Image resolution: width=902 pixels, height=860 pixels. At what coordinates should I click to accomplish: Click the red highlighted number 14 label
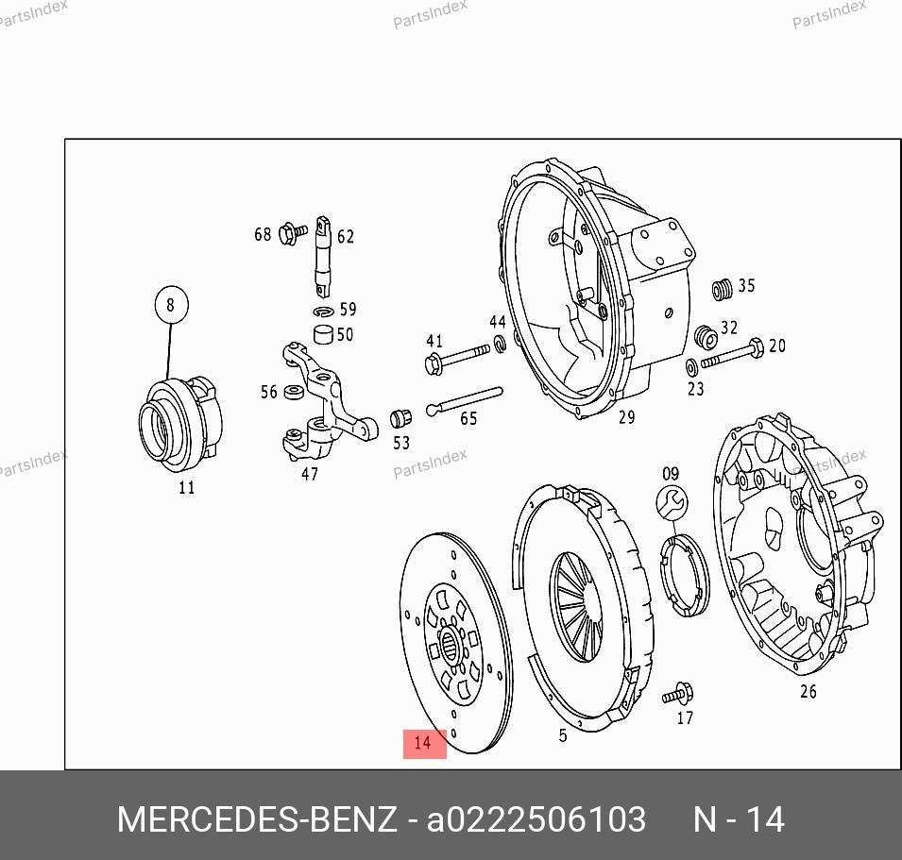[x=424, y=743]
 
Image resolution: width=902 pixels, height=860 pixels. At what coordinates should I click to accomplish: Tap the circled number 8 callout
[x=171, y=305]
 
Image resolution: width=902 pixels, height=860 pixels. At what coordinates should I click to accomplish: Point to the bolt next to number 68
[x=293, y=233]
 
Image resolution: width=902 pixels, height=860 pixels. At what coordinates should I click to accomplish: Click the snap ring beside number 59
[x=323, y=312]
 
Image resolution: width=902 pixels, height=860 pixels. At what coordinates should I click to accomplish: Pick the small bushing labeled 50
[x=323, y=334]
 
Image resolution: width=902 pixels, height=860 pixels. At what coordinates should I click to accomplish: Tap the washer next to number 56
[x=295, y=393]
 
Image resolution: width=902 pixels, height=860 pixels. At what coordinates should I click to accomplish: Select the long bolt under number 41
[x=458, y=357]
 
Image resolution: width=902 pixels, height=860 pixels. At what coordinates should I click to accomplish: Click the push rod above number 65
[x=465, y=400]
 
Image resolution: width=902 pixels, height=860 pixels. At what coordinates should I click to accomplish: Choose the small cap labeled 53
[x=400, y=418]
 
